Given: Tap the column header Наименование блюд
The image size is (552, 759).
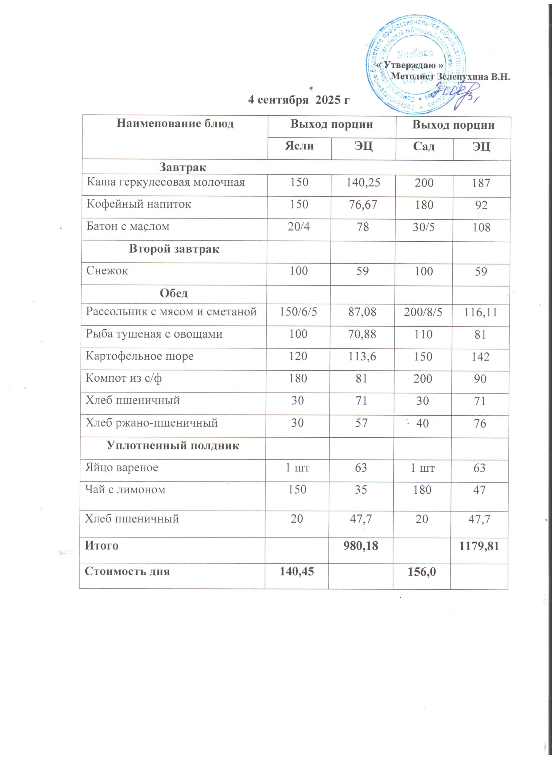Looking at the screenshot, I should tap(175, 124).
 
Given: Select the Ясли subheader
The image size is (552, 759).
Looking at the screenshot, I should tap(299, 146).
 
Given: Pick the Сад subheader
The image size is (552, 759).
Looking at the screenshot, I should tap(424, 146).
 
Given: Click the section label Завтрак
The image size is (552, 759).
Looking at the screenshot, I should tap(182, 167).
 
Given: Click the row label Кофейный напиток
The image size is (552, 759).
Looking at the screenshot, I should tap(139, 204).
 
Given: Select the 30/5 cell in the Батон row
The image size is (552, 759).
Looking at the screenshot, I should tap(424, 227).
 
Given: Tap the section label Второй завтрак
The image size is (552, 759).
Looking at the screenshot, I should tap(174, 249).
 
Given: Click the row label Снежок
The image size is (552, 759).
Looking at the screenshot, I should tap(107, 270).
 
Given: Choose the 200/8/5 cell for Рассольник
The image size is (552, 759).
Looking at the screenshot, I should tap(423, 312).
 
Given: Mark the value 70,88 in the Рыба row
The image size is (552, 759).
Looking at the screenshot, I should tap(362, 334).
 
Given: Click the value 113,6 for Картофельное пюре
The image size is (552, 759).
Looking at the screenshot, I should tap(362, 356).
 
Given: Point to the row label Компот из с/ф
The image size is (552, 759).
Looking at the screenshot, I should tap(124, 378).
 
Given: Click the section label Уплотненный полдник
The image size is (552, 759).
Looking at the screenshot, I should tap(173, 446).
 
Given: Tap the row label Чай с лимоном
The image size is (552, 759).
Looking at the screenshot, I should tap(125, 489).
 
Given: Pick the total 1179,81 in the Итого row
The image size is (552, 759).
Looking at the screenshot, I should tap(479, 546).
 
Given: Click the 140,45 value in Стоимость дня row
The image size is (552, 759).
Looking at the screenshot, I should tap(297, 571).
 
